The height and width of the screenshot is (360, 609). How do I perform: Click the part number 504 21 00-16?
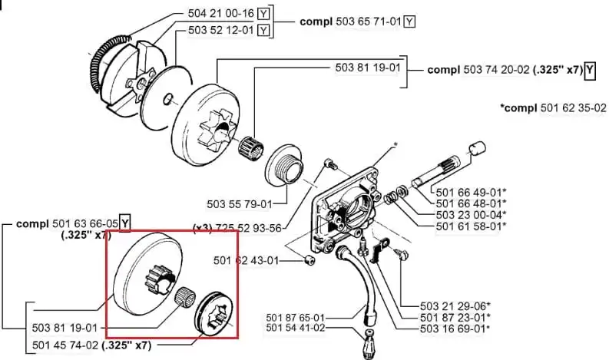coord(220,13)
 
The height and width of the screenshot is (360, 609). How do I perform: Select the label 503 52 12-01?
coord(220,30)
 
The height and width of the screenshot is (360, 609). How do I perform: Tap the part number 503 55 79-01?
coord(240,204)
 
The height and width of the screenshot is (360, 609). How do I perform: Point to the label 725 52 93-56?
coord(248,228)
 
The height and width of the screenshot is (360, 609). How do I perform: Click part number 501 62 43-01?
coord(247,260)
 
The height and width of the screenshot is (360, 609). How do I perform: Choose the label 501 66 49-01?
coord(468,192)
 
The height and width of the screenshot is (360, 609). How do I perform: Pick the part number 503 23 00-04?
coord(468,215)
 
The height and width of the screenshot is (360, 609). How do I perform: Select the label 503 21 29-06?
coord(453,306)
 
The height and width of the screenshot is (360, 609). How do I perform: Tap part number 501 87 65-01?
coord(295,318)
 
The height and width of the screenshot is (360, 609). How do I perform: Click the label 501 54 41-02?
coord(295,329)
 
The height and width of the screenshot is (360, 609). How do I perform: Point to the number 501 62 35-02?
coord(573,107)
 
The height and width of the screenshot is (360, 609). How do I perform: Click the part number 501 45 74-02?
coord(65,345)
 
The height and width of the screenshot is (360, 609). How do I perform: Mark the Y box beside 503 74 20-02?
coord(590,71)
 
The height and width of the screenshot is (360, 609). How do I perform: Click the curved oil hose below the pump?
coord(356,279)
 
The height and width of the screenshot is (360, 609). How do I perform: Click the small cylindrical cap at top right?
coord(478,148)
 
